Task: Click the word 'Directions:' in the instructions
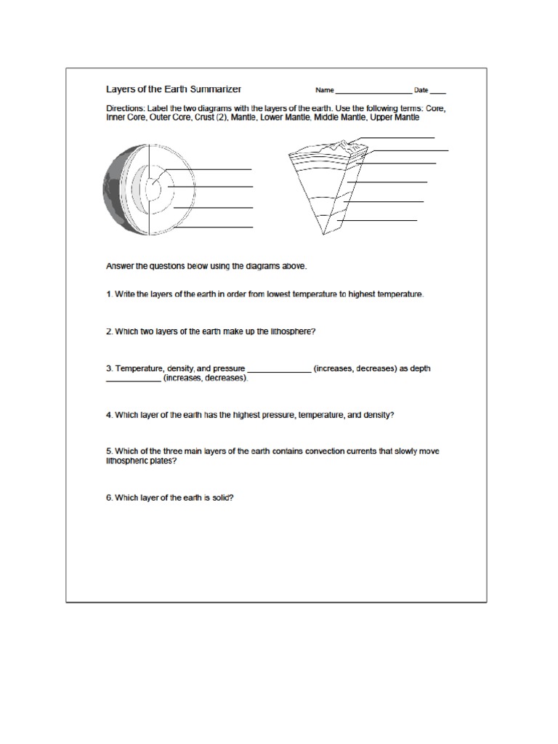[x=126, y=108]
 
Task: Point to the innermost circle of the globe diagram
[x=153, y=189]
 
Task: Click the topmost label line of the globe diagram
[x=211, y=169]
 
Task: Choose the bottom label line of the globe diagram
[x=214, y=227]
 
